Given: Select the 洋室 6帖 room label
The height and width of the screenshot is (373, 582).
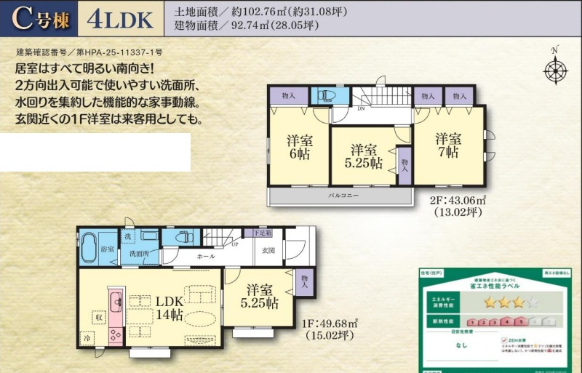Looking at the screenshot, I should pyautogui.click(x=300, y=145).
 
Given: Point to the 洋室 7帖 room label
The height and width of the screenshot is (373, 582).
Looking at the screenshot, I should pyautogui.click(x=448, y=145).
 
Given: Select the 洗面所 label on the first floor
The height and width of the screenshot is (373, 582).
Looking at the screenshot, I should pyautogui.click(x=139, y=254).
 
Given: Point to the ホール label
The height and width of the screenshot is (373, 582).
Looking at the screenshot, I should pyautogui.click(x=207, y=257).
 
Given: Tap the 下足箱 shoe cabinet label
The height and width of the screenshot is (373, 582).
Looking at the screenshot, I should pyautogui.click(x=263, y=233).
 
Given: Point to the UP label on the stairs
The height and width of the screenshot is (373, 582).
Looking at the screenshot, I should pyautogui.click(x=234, y=244).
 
